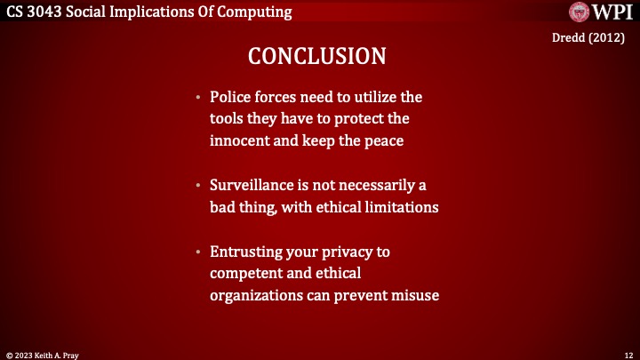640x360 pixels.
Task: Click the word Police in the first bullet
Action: (230, 96)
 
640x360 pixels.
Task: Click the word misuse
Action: (414, 295)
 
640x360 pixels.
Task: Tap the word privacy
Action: (341, 252)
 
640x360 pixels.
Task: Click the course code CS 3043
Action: (31, 12)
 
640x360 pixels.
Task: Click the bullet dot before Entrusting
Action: (199, 252)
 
